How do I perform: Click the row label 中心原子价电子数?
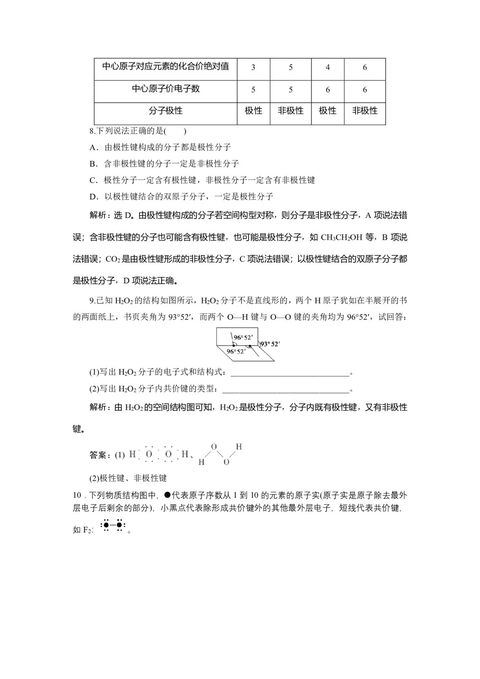166,89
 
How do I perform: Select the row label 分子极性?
166,111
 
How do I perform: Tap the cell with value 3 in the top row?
253,68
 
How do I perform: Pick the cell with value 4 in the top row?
328,68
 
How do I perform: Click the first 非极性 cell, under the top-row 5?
290,111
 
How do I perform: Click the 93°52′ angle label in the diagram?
269,344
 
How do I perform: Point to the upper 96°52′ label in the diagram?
243,338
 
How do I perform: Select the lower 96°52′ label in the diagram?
236,352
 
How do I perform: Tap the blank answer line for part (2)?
286,390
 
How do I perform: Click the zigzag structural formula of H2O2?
220,454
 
